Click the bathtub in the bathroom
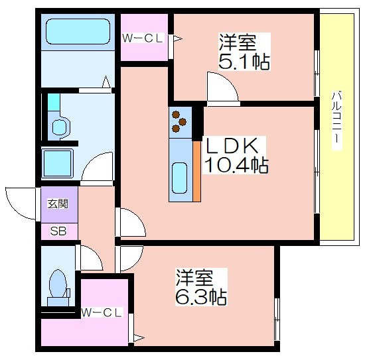point(78,32)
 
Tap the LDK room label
point(232,146)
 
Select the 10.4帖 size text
point(236,166)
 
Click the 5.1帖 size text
point(244,62)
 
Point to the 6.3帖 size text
point(201,297)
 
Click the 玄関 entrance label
point(58,204)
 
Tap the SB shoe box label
point(58,231)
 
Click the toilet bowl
point(58,284)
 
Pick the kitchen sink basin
point(180,178)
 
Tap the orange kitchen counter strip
point(196,171)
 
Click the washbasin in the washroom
point(59,127)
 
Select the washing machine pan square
point(58,163)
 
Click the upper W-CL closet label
point(143,38)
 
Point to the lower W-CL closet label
point(102,312)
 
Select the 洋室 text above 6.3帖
point(194,278)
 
